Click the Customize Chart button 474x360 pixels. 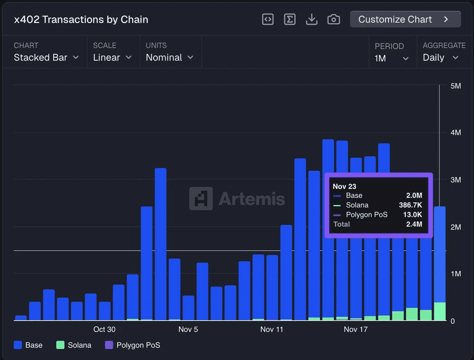click(405, 19)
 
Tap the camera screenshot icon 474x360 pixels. click(333, 19)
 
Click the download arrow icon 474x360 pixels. click(311, 19)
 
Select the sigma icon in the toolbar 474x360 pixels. click(289, 19)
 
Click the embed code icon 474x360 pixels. click(267, 19)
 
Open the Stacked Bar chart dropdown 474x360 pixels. click(46, 58)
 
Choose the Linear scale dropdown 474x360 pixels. click(112, 58)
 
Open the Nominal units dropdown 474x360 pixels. click(169, 58)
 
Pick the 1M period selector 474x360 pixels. click(391, 58)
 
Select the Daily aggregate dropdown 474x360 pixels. click(441, 58)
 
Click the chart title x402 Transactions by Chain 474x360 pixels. click(81, 19)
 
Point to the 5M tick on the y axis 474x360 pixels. click(455, 86)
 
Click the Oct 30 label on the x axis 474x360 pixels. click(104, 330)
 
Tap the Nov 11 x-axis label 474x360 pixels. click(272, 330)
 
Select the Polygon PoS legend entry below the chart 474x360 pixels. click(132, 345)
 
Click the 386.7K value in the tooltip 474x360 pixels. click(410, 205)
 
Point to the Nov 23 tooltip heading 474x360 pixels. click(344, 186)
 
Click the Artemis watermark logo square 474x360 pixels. click(201, 198)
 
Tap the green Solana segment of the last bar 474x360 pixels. click(440, 311)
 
